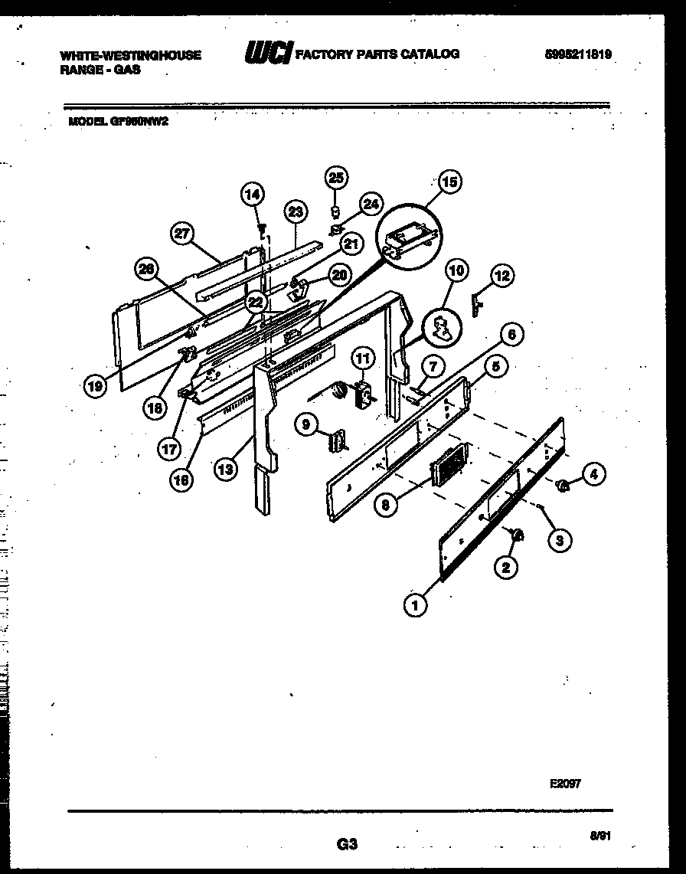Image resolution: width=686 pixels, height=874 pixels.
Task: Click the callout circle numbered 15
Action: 450,182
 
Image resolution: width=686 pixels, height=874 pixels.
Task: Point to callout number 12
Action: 501,276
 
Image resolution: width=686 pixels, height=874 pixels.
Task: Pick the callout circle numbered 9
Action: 306,424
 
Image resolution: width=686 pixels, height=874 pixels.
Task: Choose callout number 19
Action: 95,387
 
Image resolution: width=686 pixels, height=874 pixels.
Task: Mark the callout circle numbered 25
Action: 335,177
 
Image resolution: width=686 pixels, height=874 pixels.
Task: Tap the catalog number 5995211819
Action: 579,55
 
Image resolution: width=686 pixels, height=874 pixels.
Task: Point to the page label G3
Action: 347,845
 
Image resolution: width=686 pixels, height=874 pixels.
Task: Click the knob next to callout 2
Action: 517,534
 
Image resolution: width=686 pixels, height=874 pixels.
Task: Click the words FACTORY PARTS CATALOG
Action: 377,54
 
